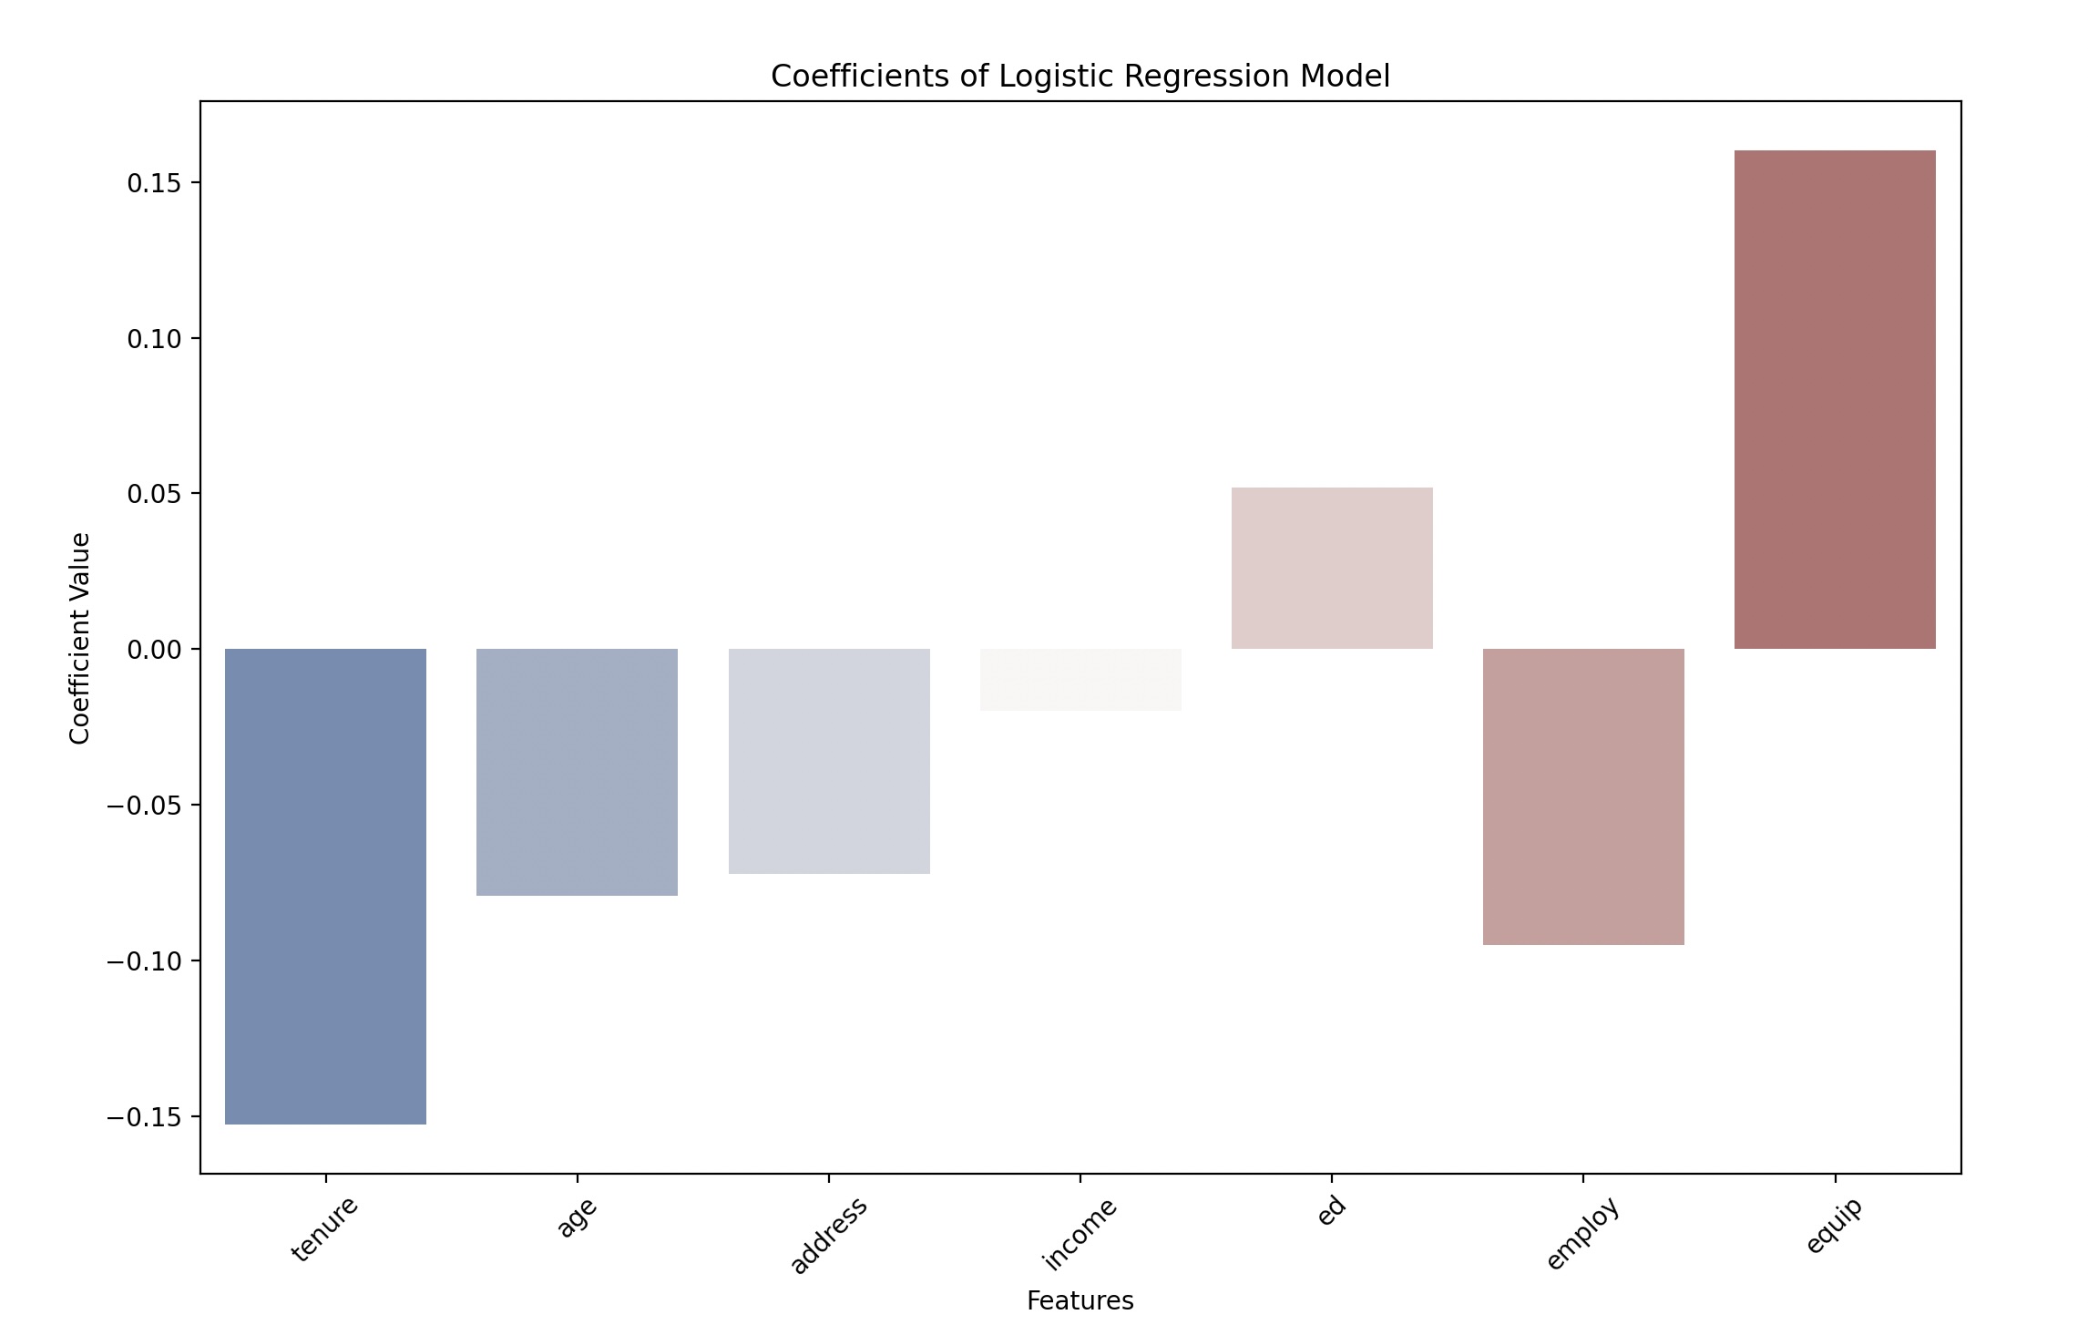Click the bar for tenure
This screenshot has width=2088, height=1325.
[x=325, y=886]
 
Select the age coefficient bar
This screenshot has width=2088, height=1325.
[x=577, y=772]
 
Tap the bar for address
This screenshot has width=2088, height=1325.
[x=829, y=761]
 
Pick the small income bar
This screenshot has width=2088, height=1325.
[x=1080, y=680]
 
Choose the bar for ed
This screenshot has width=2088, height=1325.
[x=1332, y=568]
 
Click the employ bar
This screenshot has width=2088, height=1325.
[x=1583, y=796]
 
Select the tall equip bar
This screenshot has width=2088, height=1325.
[x=1835, y=399]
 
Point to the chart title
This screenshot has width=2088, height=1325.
[x=1080, y=77]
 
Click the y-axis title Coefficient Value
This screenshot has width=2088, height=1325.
[x=80, y=638]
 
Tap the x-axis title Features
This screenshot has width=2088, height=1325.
[x=1080, y=1300]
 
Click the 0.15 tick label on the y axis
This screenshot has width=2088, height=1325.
[x=153, y=183]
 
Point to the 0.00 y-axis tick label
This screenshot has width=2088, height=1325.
[x=153, y=650]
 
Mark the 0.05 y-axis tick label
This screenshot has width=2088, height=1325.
[x=153, y=494]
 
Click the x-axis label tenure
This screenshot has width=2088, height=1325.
[x=325, y=1229]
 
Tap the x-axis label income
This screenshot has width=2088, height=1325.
[x=1080, y=1234]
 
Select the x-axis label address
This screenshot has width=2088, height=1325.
[x=828, y=1236]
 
